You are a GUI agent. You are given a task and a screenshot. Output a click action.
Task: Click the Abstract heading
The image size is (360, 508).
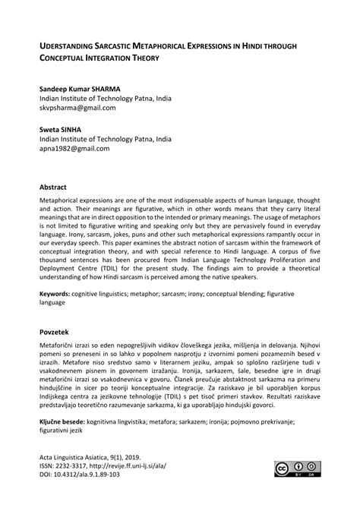(56, 185)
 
